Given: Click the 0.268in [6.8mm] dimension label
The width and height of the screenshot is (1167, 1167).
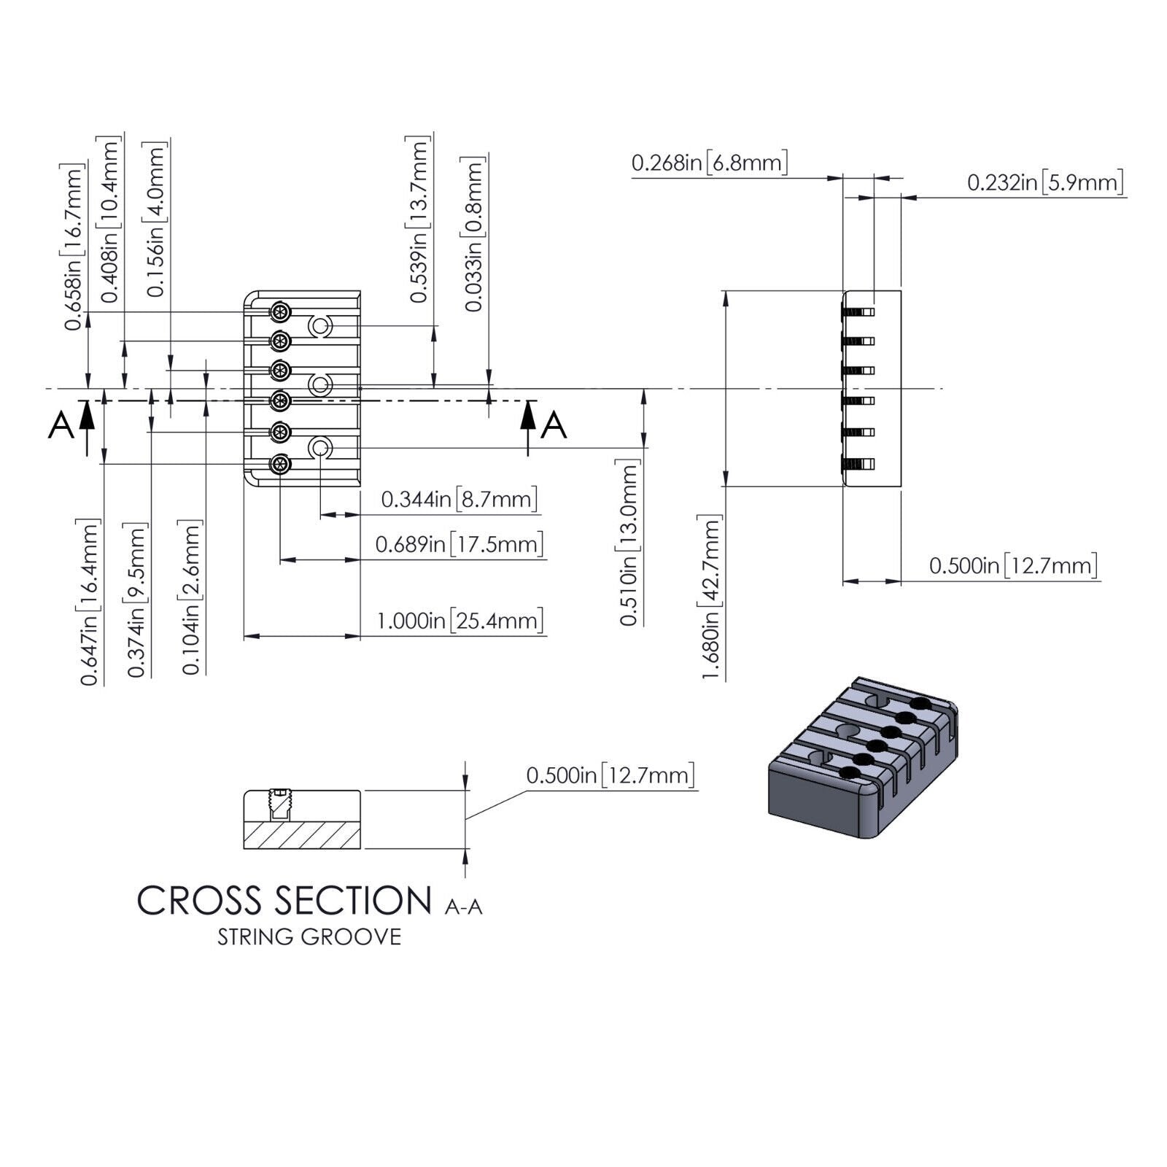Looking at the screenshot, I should click(x=709, y=162).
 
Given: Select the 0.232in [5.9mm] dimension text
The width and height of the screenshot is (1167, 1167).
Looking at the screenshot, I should click(x=1044, y=182).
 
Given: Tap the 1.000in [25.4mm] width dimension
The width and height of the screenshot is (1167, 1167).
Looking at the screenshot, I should click(x=460, y=621).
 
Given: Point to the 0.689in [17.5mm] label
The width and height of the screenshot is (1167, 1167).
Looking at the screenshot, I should click(x=459, y=544).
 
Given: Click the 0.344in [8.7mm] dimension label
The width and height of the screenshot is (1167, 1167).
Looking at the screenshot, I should click(x=459, y=499).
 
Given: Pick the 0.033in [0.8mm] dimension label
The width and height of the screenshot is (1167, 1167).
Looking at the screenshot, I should click(x=474, y=234).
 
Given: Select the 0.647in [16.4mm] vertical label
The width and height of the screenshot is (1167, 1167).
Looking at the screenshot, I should click(x=90, y=602).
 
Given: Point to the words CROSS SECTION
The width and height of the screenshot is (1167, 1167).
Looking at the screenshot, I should click(x=284, y=901).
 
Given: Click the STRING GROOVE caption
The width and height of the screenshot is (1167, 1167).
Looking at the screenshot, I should click(x=309, y=937).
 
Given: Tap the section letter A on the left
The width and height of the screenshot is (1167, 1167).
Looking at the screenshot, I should click(x=61, y=425).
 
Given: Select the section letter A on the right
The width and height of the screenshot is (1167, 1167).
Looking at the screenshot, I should click(x=554, y=425).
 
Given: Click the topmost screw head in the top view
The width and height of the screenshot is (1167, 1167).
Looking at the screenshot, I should click(x=280, y=313).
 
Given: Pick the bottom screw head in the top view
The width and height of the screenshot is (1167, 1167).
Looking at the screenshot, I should click(x=280, y=464).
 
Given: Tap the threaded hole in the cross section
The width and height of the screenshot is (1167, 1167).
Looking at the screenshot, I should click(x=278, y=804).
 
